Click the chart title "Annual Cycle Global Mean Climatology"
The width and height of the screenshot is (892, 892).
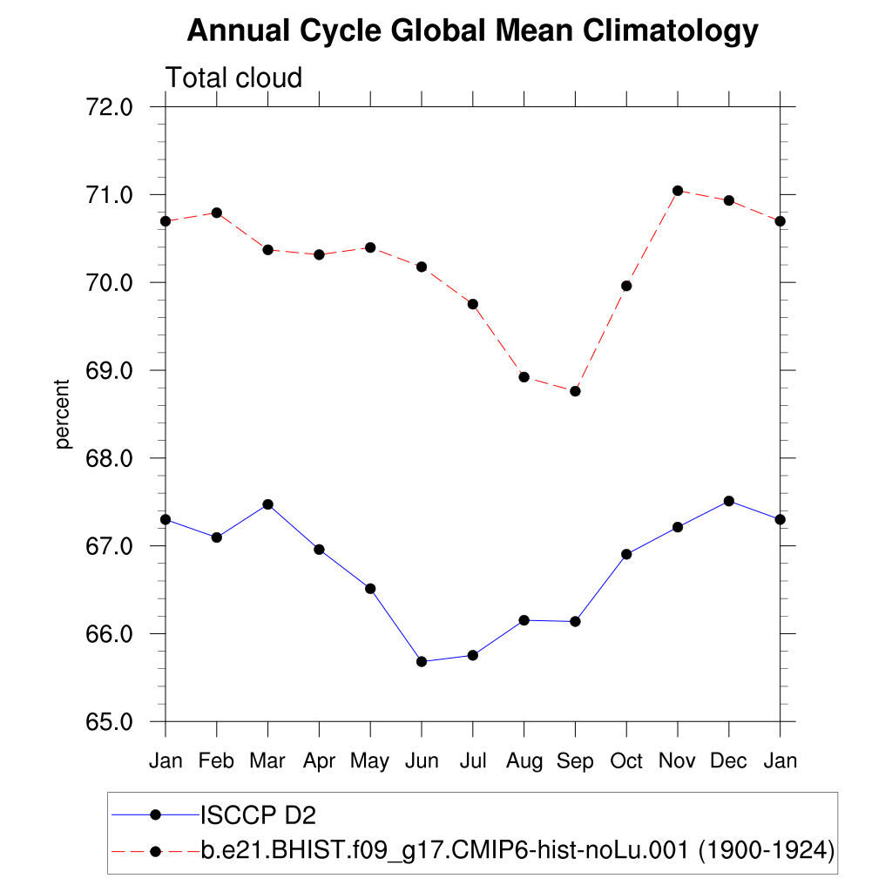472,31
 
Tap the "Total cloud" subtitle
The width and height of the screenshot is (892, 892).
233,78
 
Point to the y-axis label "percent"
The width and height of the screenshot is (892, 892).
62,414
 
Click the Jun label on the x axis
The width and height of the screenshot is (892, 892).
422,761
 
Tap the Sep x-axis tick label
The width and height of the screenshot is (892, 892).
575,761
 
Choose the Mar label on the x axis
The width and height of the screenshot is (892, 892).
267,761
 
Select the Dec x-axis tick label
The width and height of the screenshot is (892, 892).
728,761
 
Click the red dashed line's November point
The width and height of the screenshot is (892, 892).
677,191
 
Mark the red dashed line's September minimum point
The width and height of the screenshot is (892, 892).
575,391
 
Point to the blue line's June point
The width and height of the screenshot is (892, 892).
422,661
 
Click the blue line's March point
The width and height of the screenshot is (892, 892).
267,504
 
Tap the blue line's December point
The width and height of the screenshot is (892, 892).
728,501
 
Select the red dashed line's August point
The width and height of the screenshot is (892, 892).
524,377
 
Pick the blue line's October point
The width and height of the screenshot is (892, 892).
626,554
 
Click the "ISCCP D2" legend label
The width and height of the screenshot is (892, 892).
258,816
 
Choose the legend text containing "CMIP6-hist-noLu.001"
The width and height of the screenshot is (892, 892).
517,850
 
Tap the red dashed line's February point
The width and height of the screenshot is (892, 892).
217,213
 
